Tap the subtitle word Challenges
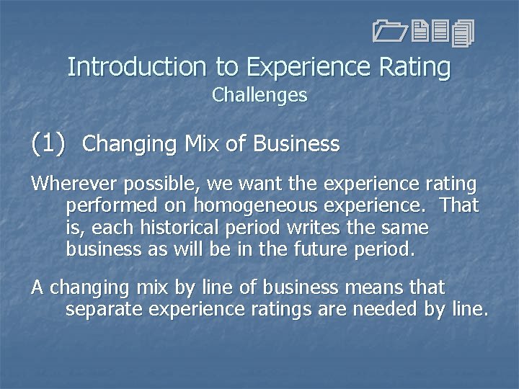[x=259, y=95]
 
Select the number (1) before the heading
[x=48, y=143]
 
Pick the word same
[x=402, y=228]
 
